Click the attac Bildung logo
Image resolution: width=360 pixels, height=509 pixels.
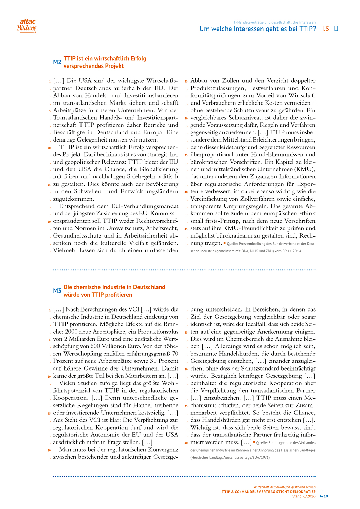pos(27,25)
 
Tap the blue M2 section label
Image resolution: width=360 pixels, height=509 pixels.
pos(57,62)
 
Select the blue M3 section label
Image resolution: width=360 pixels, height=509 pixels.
pos(57,291)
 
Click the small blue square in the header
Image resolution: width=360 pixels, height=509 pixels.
pos(336,29)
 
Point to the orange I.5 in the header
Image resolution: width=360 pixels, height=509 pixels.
pos(325,29)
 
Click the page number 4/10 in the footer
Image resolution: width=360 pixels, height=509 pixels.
pos(324,496)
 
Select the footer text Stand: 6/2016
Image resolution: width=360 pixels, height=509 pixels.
pos(304,496)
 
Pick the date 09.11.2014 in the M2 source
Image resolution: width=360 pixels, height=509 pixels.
pos(291,251)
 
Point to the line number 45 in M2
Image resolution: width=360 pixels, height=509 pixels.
pos(186,229)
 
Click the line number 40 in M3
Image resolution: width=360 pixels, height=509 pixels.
pos(186,443)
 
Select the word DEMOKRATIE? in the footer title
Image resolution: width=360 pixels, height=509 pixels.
pos(302,492)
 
